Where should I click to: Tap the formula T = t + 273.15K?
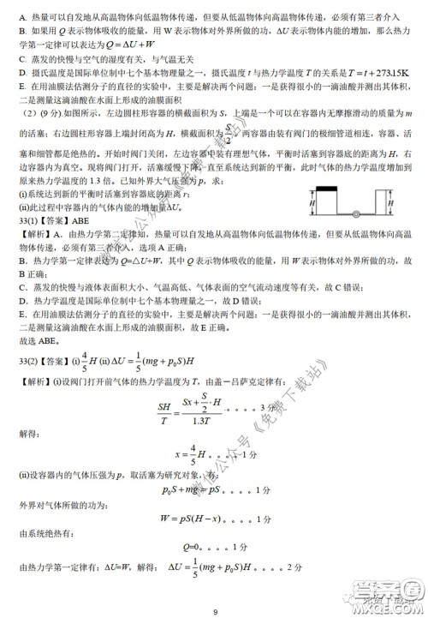(x=366, y=74)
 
